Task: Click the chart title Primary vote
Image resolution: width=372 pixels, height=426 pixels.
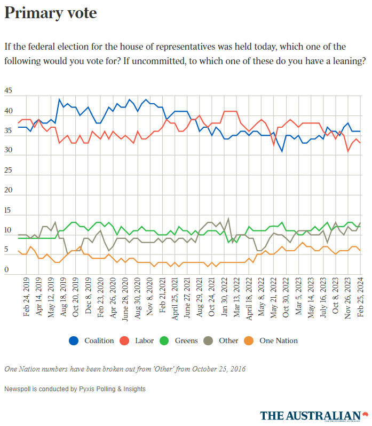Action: (51, 13)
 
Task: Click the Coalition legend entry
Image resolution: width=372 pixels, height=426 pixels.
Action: (99, 340)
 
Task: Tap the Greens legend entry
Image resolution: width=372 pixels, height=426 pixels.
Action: (186, 340)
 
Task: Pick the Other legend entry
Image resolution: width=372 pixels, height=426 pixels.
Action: (228, 340)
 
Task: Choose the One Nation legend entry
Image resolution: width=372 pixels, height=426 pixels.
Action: (278, 340)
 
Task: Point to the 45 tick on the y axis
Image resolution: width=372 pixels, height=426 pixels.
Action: (8, 91)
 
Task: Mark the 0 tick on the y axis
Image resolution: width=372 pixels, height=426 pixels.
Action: (6, 270)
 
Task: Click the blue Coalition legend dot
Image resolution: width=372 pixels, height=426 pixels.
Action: (74, 340)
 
